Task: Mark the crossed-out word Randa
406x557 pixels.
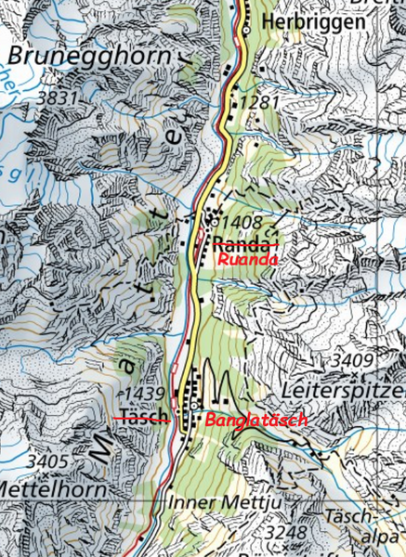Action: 245,244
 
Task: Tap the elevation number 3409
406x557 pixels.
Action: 352,359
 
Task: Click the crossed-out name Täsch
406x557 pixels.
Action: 142,417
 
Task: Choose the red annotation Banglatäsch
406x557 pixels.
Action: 255,421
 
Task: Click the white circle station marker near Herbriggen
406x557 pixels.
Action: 245,29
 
